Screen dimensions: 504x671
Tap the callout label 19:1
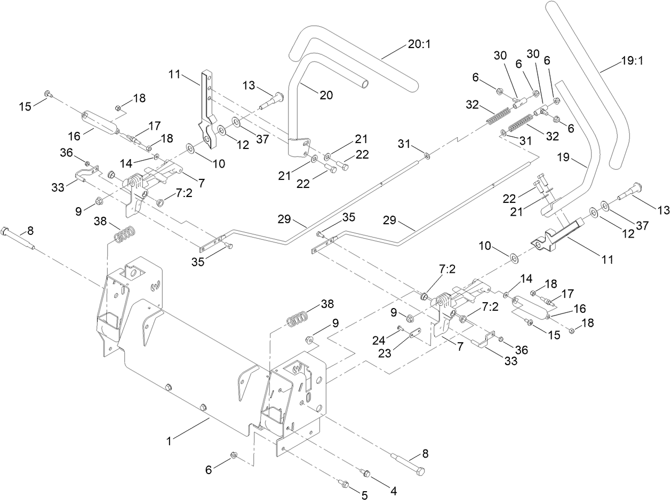click(x=632, y=61)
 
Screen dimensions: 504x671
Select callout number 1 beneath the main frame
click(x=169, y=442)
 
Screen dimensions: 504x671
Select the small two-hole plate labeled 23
click(x=413, y=336)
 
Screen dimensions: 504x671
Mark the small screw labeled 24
click(x=399, y=328)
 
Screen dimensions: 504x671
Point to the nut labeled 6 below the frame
click(x=234, y=455)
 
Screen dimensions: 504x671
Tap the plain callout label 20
click(x=326, y=95)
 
